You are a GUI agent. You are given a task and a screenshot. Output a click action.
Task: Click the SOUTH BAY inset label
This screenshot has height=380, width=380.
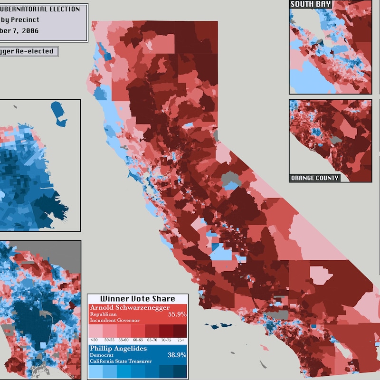pos(311,4)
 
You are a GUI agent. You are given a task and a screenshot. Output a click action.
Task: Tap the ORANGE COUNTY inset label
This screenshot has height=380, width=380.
pos(315,178)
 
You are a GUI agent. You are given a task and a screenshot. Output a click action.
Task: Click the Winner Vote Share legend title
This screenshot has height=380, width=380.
pos(138,299)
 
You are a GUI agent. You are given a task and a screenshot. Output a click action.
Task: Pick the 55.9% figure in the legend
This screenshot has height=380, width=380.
pos(177,314)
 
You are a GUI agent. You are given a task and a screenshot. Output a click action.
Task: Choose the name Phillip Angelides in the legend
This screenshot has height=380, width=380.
pos(118,348)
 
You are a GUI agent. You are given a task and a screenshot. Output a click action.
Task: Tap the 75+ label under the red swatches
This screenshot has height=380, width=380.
pos(180,340)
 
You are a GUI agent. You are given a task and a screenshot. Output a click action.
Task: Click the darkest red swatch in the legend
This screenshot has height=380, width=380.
pos(180,330)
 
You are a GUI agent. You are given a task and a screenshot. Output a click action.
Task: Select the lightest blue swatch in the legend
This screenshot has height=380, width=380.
pos(96,371)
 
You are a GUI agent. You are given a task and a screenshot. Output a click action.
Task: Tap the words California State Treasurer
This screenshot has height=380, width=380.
pos(121,361)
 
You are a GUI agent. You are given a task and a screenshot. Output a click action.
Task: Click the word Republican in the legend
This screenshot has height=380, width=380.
pos(103,314)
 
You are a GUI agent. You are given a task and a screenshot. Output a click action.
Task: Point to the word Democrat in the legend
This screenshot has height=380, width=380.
pos(101,355)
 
